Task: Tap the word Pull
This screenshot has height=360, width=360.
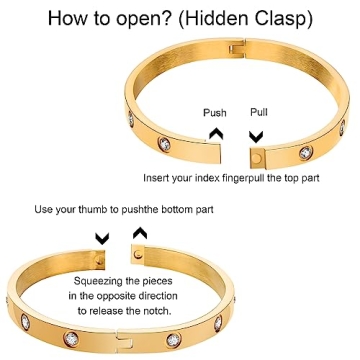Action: [x=258, y=113]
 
